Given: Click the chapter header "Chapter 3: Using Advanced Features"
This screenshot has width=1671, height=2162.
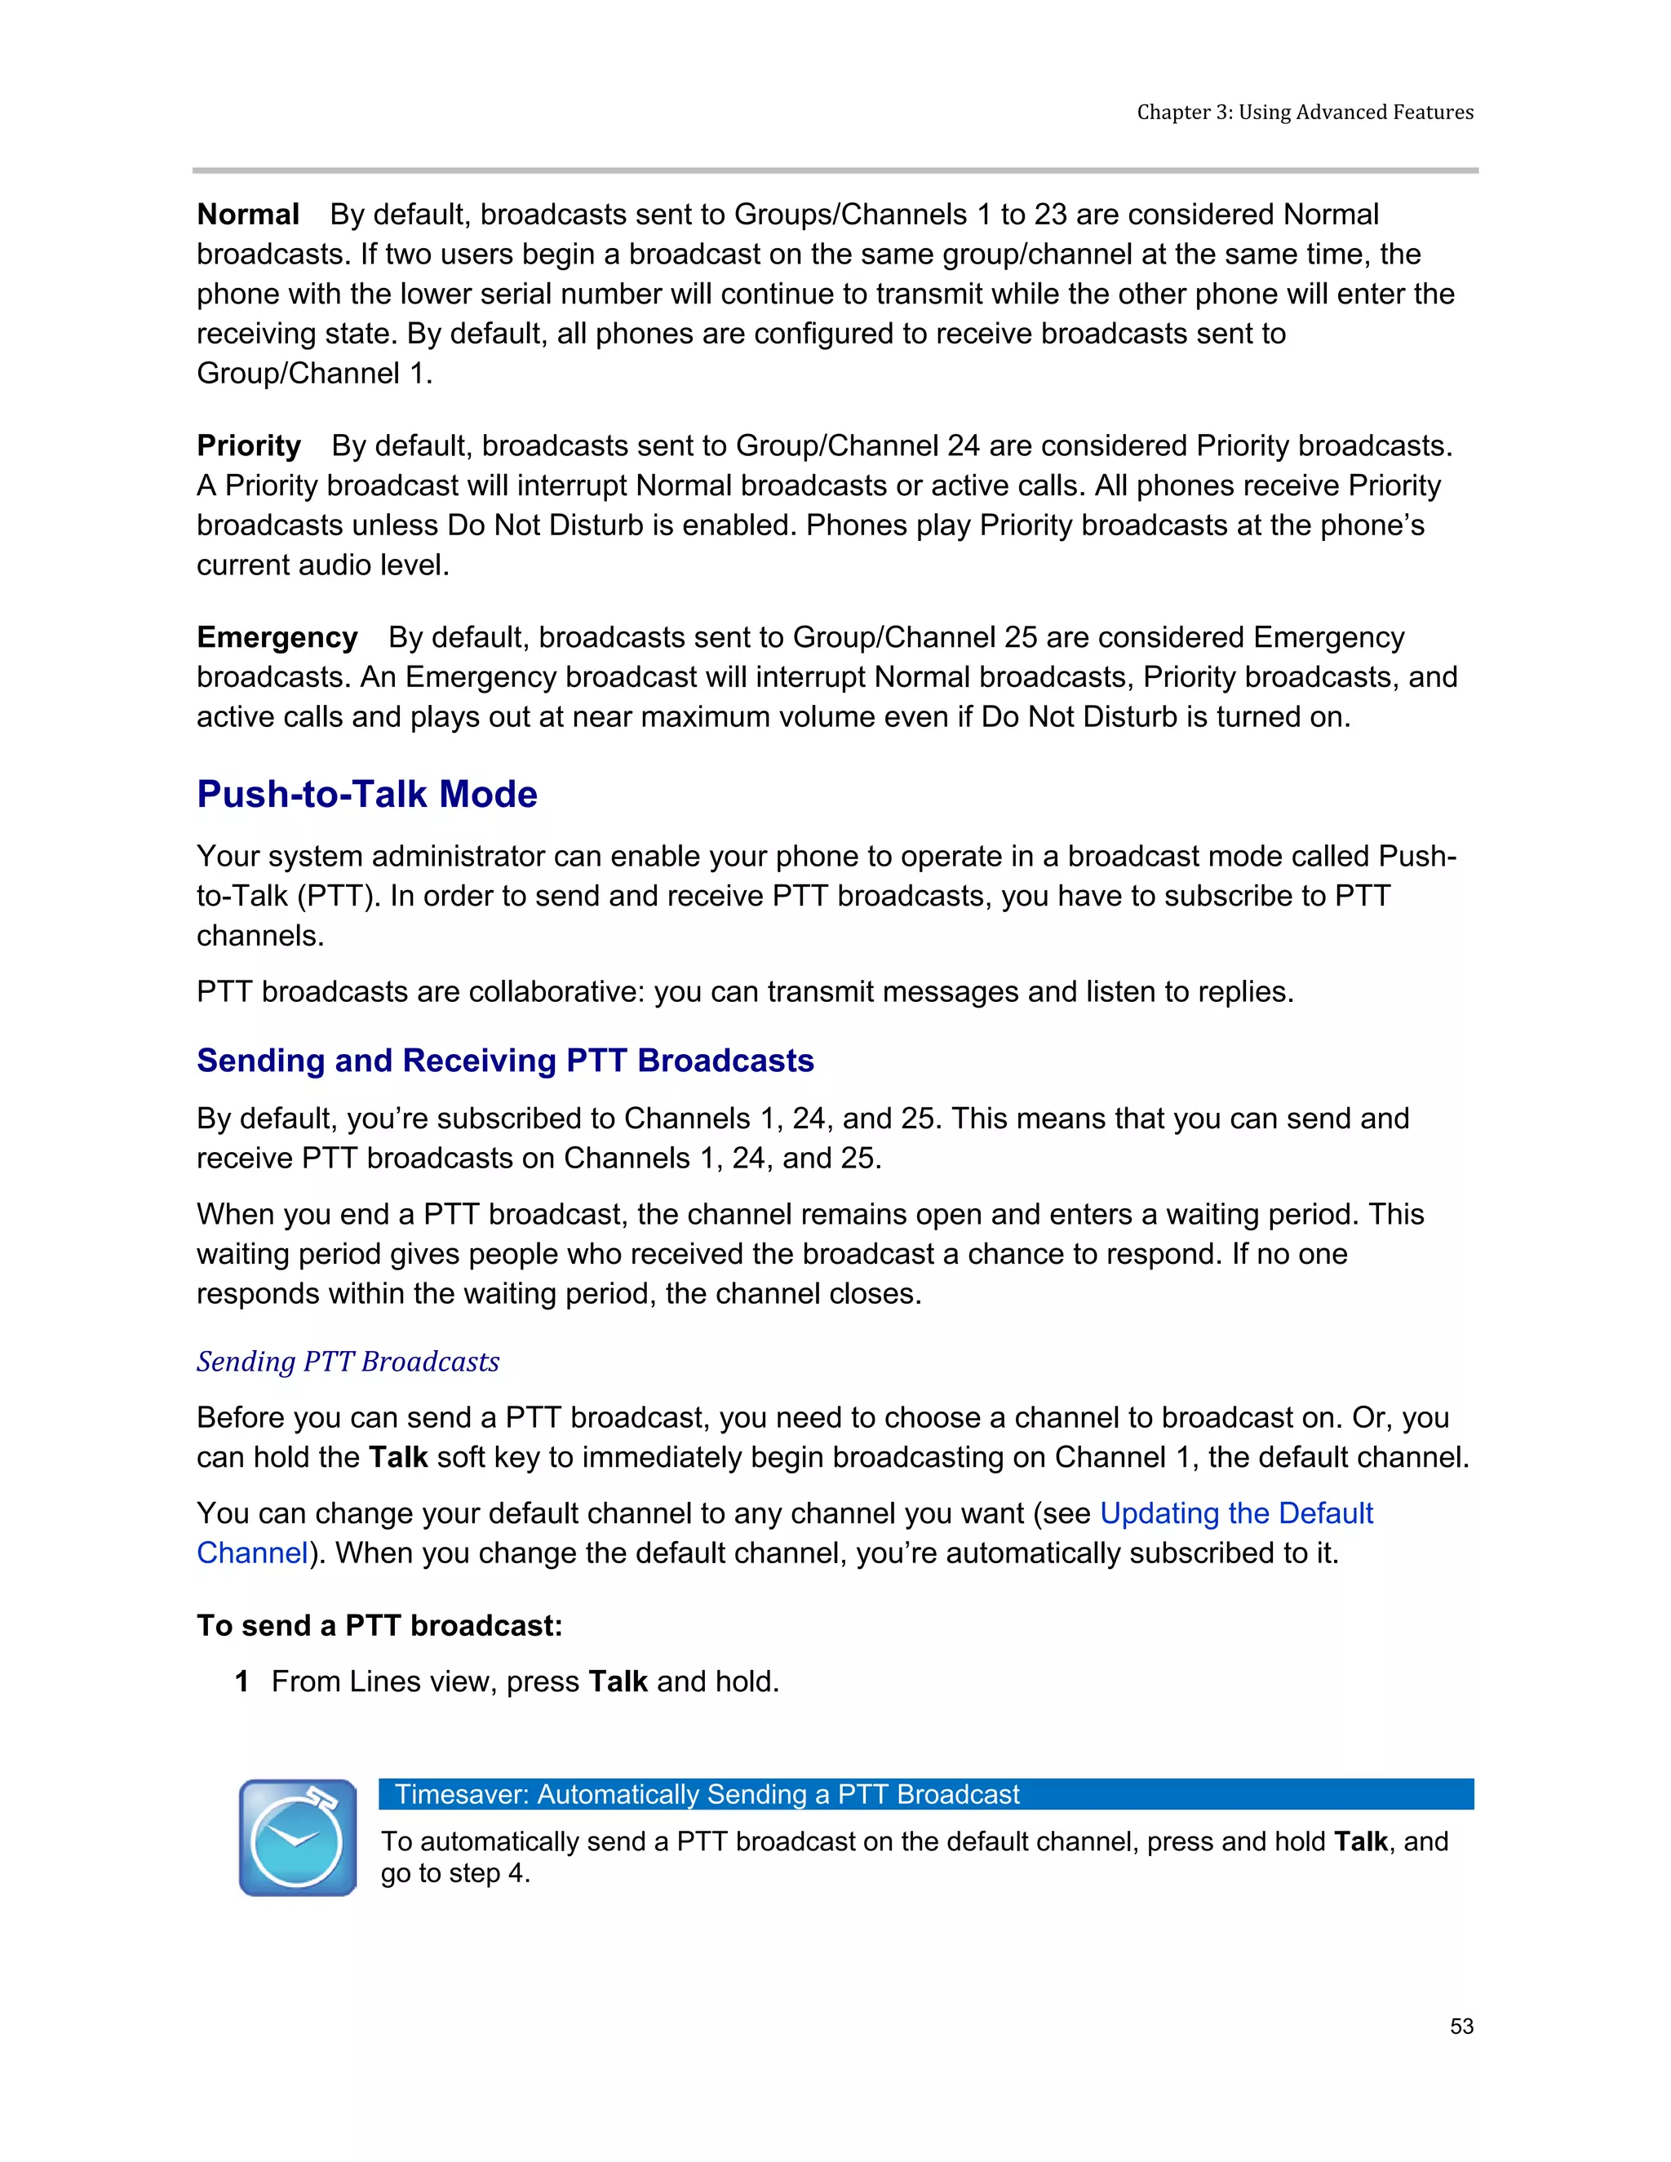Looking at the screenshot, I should coord(1304,112).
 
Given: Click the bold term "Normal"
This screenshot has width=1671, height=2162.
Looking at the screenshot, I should coord(247,215).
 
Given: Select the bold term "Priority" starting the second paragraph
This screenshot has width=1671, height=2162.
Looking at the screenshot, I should coord(249,446).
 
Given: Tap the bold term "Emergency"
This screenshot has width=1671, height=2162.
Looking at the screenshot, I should coord(277,637).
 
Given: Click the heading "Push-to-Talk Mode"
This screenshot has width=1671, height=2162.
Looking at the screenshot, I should coord(366,794).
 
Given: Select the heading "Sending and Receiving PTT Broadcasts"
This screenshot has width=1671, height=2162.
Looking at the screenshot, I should coord(505,1061).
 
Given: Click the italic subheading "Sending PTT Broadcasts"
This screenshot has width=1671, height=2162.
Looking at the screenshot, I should coord(348,1362).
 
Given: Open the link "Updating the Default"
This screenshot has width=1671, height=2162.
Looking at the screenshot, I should coord(1235,1513).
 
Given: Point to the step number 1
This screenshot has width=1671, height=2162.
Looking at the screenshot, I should coord(242,1682).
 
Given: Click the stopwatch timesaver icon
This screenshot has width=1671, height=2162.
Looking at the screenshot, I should coord(298,1837).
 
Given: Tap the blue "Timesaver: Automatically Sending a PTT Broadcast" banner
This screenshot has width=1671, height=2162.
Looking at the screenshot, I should coord(924,1794).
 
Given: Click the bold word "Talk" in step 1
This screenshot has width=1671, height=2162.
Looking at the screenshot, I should coord(618,1682).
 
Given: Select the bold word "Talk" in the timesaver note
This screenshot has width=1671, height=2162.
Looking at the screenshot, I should coord(1360,1841).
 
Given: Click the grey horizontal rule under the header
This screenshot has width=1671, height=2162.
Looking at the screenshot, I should coord(835,171).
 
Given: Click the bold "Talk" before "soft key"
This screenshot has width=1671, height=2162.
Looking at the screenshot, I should coord(398,1458).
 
